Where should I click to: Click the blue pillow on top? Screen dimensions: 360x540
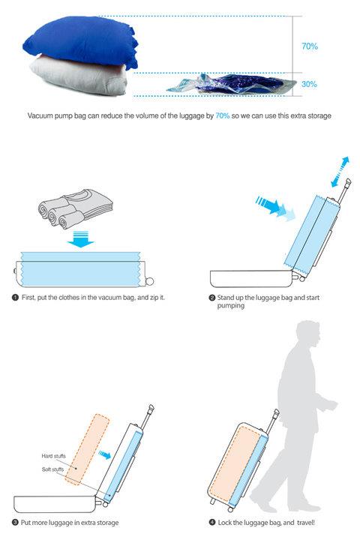point(81,42)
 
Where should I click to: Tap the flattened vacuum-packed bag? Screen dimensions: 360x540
point(232,85)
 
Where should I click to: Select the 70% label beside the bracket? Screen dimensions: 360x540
point(309,46)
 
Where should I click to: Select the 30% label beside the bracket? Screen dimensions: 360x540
point(309,84)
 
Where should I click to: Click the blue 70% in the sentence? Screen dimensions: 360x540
point(222,115)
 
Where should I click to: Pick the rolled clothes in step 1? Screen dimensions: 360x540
point(75,208)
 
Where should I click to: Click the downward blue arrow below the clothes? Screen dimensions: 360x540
point(80,239)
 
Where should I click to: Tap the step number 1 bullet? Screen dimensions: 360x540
point(15,297)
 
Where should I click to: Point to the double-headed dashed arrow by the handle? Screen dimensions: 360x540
point(340,172)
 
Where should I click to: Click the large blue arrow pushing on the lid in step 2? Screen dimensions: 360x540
point(275,208)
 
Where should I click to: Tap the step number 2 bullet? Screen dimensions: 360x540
point(212,298)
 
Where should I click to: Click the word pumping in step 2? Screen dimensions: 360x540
point(230,306)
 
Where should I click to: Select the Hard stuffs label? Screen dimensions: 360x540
point(53,456)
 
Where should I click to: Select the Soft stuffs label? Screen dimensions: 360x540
point(52,469)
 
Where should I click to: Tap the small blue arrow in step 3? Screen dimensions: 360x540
point(105,454)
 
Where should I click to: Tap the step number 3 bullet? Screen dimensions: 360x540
point(15,523)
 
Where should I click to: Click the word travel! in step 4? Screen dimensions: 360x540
point(305,523)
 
